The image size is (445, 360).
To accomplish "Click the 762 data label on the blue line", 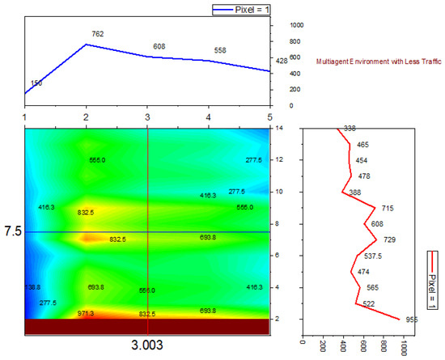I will pos(98,34).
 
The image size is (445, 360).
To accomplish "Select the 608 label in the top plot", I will pos(159,47).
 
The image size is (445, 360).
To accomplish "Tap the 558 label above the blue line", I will pos(220,50).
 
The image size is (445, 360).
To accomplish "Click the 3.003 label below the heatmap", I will pos(147,345).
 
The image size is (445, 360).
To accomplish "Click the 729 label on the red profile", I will pos(389,239).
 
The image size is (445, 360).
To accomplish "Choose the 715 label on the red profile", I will pos(388,208).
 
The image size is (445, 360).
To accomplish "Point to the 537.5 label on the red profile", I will pos(373,256).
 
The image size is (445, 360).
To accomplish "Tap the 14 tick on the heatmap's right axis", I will pos(278,129).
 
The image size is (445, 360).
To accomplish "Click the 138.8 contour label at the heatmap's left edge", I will pos(33,287).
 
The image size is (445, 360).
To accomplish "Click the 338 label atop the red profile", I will pos(350,129).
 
